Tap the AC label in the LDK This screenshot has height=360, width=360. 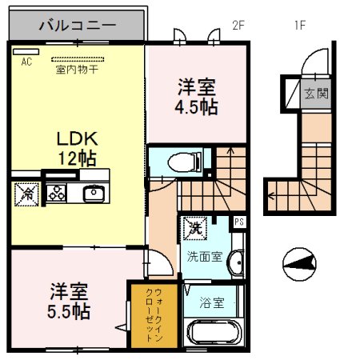(x=26, y=61)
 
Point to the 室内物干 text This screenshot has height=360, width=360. (x=77, y=70)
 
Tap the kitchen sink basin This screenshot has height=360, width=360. (x=94, y=192)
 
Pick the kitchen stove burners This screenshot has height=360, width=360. (x=58, y=192)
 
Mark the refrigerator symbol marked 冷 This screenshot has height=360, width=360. (x=26, y=193)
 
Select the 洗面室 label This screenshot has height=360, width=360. (x=205, y=258)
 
